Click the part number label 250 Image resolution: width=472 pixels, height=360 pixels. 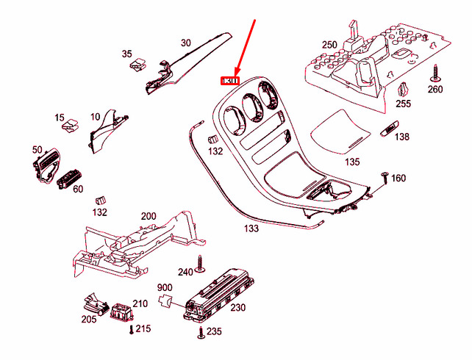coord(329,45)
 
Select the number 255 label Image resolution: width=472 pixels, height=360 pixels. coord(403,104)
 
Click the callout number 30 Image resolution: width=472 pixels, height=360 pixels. coord(185,43)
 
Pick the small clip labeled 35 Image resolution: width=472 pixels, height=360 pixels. coord(136,67)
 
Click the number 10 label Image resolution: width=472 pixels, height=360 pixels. coord(96,116)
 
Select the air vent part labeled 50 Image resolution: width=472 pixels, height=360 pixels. coord(46,165)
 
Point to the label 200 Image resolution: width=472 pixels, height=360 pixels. coord(149,216)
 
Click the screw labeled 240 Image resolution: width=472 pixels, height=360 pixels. coord(201,263)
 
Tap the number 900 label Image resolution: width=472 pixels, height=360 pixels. coord(164,287)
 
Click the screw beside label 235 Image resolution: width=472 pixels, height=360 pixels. coord(200,332)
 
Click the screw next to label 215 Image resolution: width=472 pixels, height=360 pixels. coord(132,329)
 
